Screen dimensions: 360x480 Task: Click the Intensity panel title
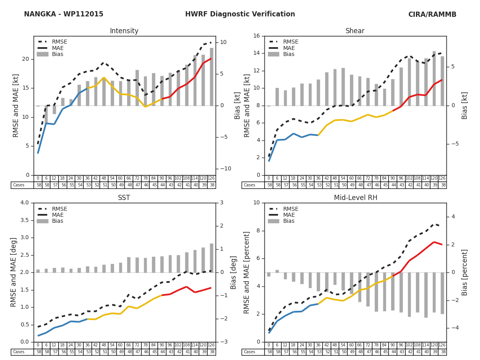tap(124, 31)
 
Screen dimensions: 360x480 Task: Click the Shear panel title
tap(355, 31)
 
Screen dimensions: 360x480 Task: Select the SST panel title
tap(124, 198)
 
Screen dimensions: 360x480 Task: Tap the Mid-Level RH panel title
tap(355, 198)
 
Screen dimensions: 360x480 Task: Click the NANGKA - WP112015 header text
tap(64, 14)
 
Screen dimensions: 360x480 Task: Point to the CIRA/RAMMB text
tap(432, 14)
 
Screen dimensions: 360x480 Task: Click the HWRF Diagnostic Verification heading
tap(240, 14)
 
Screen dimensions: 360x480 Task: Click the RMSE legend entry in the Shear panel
tap(290, 42)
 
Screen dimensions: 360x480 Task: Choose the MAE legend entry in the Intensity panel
tap(57, 48)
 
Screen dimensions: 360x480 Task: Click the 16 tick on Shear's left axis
tap(256, 36)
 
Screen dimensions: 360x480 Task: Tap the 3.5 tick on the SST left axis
tap(24, 220)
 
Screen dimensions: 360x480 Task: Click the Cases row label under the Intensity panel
tap(19, 185)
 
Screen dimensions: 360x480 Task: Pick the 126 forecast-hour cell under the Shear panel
tap(442, 178)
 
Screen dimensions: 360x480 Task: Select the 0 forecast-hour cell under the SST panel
tap(38, 345)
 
